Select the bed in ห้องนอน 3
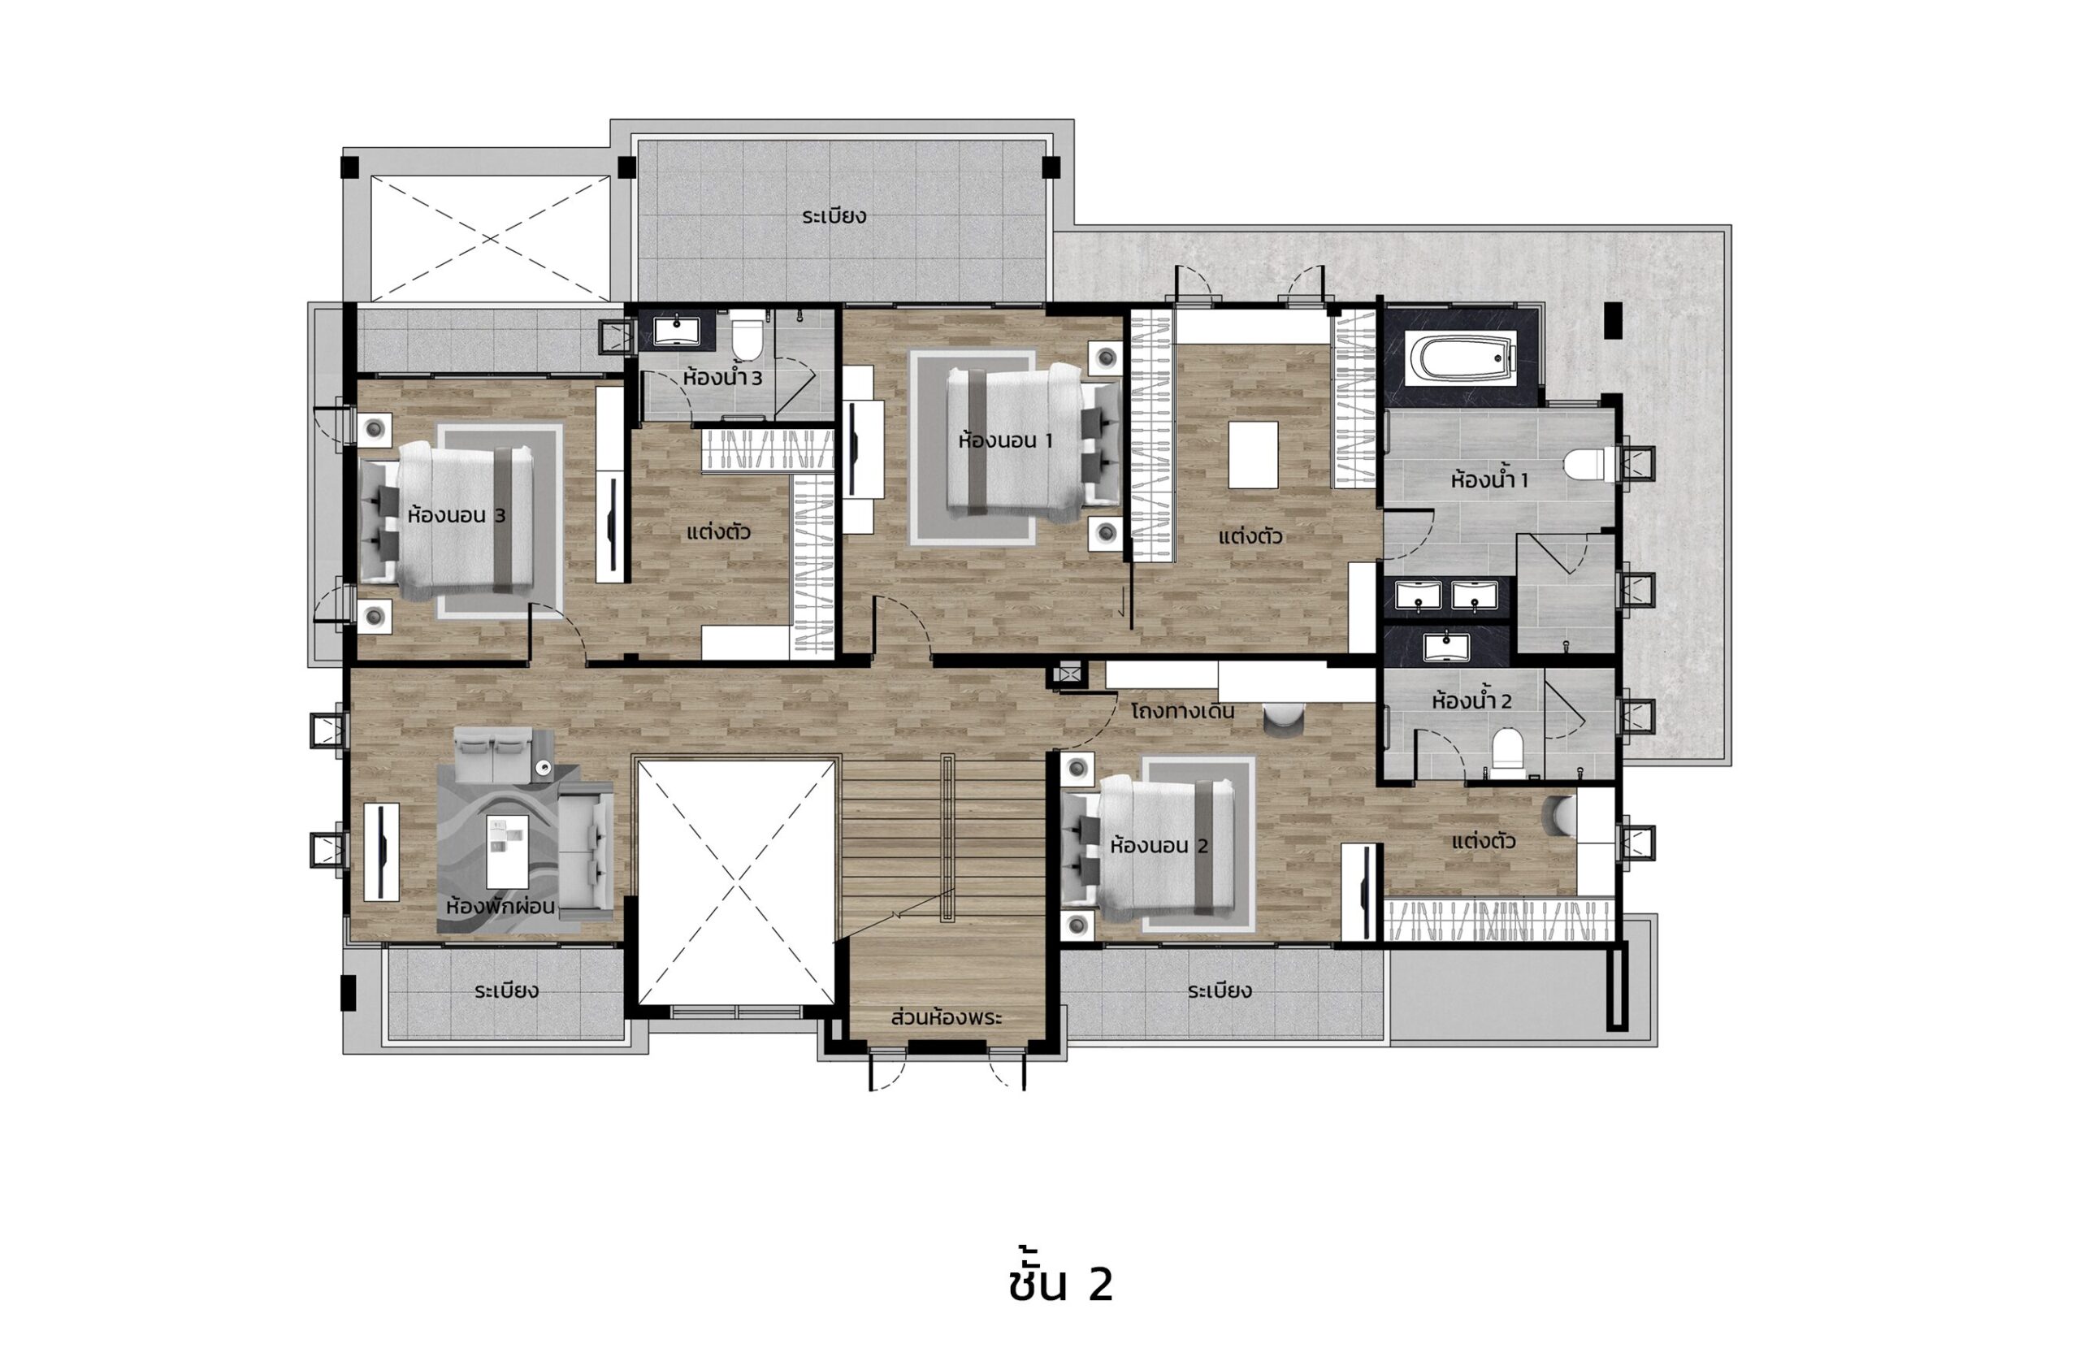click(446, 519)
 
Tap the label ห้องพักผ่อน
click(500, 906)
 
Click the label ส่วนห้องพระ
click(946, 1018)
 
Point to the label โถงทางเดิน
click(1182, 711)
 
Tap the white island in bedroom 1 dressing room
click(1253, 454)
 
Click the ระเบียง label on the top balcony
click(834, 216)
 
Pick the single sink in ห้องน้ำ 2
click(1446, 647)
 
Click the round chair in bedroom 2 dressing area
click(1559, 816)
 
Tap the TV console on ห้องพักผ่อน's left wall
click(382, 851)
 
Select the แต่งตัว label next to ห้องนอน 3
click(718, 531)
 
